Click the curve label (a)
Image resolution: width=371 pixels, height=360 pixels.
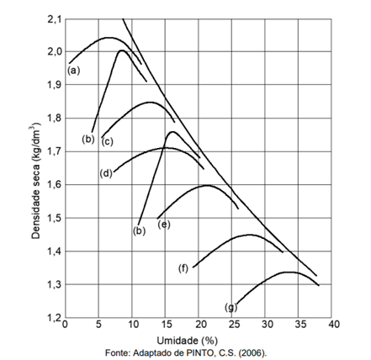[73, 71]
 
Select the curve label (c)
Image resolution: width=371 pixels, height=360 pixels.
[107, 142]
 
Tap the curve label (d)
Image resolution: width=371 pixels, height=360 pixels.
[106, 173]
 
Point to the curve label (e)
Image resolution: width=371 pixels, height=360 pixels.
[164, 225]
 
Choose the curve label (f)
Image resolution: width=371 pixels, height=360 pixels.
[183, 268]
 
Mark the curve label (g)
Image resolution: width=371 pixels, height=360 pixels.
[231, 308]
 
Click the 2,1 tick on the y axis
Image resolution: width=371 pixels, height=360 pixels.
[54, 19]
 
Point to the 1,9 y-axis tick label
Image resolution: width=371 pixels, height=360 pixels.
[54, 84]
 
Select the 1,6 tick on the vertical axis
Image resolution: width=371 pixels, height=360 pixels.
[54, 184]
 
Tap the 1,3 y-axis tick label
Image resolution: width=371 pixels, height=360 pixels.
[54, 284]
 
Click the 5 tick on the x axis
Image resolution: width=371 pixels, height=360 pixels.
[98, 325]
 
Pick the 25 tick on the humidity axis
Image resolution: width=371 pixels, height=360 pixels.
[231, 325]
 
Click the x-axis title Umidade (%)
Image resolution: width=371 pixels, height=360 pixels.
[188, 341]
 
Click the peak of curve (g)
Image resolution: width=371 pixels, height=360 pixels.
[289, 272]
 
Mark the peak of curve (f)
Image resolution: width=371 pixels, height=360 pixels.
[249, 235]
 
